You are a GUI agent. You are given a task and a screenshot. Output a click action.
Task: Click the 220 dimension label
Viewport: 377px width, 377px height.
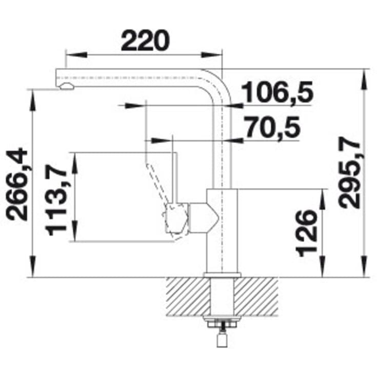(146, 41)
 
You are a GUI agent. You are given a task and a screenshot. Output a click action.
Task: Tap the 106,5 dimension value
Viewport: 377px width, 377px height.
(277, 92)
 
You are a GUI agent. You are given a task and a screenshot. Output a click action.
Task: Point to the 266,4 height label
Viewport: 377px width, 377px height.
(17, 184)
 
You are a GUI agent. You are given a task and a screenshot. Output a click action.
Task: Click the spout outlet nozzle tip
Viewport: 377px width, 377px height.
(67, 86)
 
